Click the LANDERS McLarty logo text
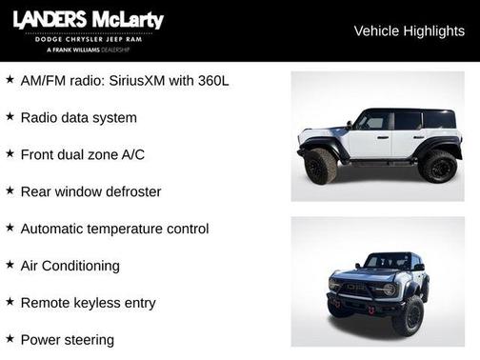tap(89, 21)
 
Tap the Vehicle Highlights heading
tap(409, 30)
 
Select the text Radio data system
tap(78, 117)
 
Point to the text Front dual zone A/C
tap(83, 154)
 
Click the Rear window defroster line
tap(90, 191)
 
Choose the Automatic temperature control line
tap(114, 229)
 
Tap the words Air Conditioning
tap(70, 266)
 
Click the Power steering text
tap(67, 339)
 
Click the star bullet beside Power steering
tap(10, 338)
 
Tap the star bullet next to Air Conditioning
tap(10, 264)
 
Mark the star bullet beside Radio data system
tap(10, 115)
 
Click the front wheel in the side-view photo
tap(321, 166)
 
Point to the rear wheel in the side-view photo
tap(437, 166)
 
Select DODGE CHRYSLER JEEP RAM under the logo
tap(89, 39)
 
